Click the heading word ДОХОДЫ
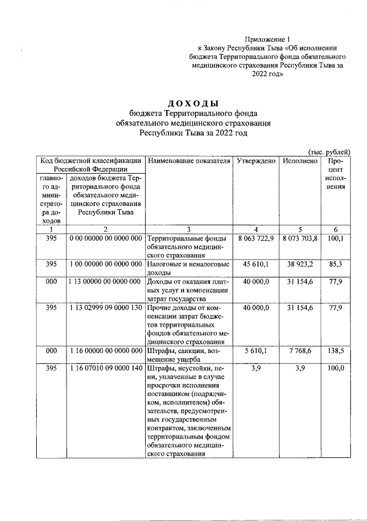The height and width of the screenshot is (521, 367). tap(193, 104)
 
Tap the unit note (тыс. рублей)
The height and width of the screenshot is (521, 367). tap(329, 151)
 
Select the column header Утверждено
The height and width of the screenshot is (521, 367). tap(256, 161)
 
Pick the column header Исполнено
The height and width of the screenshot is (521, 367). tap(300, 161)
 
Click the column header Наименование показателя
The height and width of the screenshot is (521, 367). tap(189, 161)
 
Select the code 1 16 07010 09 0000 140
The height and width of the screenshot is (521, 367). tap(106, 369)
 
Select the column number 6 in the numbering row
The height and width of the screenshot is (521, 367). tap(335, 229)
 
